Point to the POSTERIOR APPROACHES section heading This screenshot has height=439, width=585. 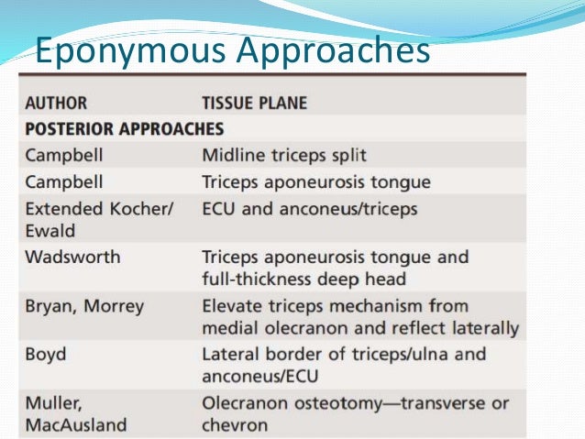[x=124, y=128]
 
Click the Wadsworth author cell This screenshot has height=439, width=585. [x=72, y=258]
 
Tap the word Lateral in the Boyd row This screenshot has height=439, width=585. [x=229, y=354]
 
